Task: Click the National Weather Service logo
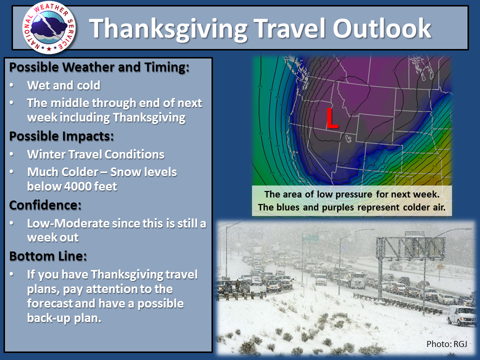[49, 27]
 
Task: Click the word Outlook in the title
[382, 28]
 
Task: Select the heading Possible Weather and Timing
[99, 67]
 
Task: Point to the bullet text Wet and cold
[63, 85]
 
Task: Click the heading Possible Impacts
[61, 136]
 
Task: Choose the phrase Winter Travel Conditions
[95, 154]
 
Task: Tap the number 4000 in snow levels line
[78, 186]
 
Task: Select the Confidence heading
[45, 205]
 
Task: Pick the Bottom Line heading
[48, 256]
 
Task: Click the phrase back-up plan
[64, 318]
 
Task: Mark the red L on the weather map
[332, 118]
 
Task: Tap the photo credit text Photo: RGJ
[446, 344]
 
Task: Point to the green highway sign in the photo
[310, 238]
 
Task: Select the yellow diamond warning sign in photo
[440, 266]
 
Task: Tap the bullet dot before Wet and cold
[11, 85]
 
